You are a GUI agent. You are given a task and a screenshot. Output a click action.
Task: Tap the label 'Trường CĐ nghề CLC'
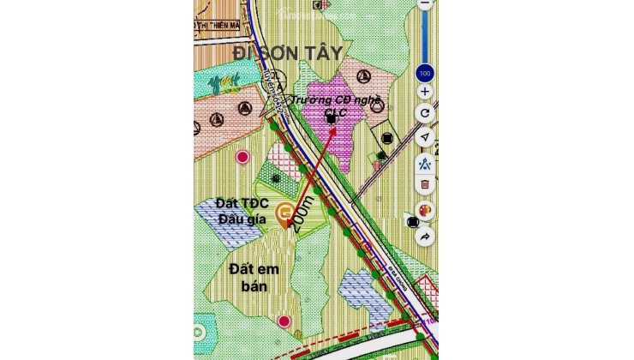(336, 106)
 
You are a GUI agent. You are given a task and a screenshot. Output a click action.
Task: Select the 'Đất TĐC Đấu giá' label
(242, 212)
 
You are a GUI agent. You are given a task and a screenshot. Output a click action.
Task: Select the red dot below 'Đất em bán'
(284, 321)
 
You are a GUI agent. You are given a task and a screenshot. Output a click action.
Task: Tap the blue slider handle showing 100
(425, 72)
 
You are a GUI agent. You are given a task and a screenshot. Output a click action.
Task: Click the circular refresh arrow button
(425, 113)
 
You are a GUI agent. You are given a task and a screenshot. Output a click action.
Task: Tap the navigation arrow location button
(425, 137)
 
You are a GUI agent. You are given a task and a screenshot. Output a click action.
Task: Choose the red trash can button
(425, 184)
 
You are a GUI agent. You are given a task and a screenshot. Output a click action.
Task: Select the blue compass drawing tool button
(425, 161)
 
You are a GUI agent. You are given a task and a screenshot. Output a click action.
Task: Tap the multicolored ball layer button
(424, 210)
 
